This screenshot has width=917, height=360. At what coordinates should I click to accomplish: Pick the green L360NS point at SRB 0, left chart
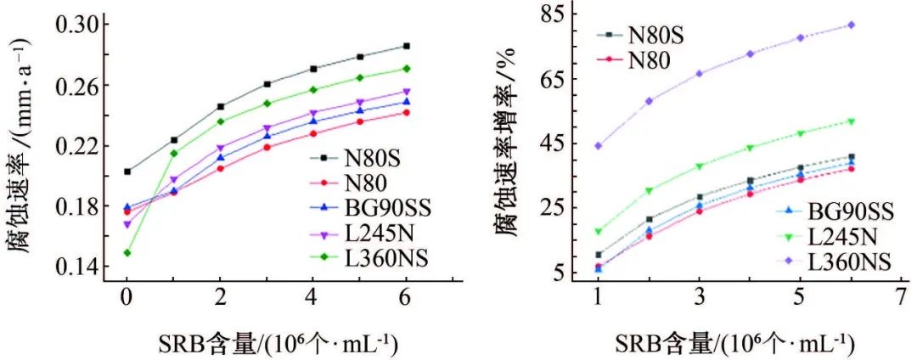click(127, 253)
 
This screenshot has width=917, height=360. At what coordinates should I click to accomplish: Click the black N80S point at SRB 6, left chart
click(407, 46)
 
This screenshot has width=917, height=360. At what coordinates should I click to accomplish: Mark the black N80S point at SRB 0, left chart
click(127, 172)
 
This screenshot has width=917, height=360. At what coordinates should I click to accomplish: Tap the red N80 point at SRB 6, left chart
click(407, 112)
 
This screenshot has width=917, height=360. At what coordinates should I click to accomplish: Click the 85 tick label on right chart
click(560, 15)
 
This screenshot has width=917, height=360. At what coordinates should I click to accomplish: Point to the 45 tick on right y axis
click(560, 143)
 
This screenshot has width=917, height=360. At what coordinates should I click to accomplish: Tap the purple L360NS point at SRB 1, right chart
click(598, 145)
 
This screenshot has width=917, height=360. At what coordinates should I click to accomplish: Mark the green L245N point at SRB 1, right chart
click(598, 231)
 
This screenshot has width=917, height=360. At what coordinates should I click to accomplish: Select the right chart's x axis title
click(723, 343)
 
